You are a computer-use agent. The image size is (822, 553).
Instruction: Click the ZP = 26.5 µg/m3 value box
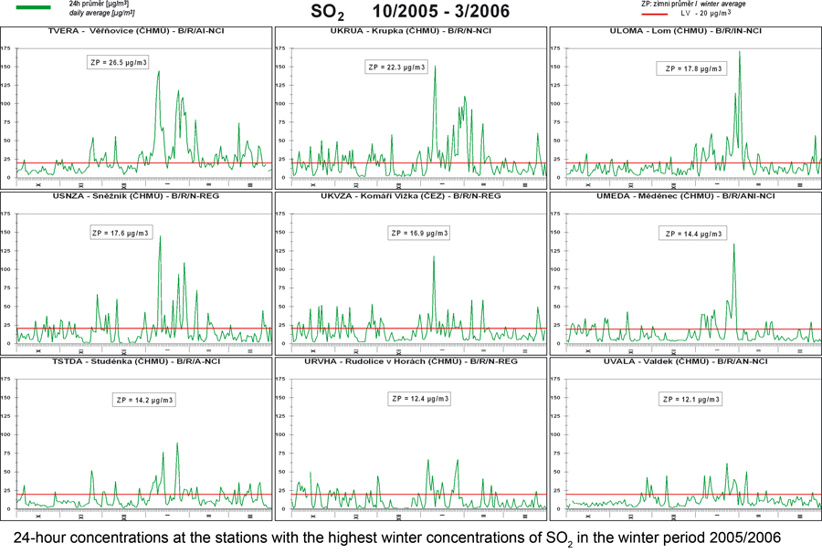point(118,63)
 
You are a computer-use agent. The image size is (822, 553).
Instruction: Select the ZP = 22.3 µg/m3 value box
point(395,68)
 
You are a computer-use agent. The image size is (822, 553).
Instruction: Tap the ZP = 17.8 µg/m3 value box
point(691,68)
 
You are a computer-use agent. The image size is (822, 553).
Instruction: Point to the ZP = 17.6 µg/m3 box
point(122,233)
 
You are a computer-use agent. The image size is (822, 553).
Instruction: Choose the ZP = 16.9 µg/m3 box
point(419,233)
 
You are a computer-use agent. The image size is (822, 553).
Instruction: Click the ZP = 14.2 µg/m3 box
point(144,400)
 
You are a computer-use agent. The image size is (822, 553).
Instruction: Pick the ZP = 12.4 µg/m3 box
point(419,399)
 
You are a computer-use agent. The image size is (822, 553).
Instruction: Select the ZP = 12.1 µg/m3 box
point(691,400)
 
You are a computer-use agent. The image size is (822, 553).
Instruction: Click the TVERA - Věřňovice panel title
point(137,31)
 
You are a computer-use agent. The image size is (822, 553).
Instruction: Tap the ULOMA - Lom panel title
point(685,31)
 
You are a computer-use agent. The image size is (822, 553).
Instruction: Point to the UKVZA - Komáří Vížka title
point(410,196)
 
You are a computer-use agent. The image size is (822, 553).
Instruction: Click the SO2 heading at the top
point(328,13)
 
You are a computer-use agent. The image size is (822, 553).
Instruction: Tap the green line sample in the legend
point(34,6)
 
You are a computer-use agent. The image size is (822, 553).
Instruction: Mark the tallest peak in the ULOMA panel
point(739,53)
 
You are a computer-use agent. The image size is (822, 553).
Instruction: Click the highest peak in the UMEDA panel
point(733,245)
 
